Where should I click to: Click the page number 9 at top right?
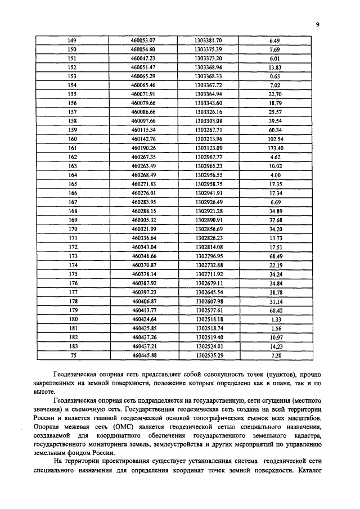tap(318, 25)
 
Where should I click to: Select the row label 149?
tap(72, 40)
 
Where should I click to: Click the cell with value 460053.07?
tap(143, 40)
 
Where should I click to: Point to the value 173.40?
tap(275, 148)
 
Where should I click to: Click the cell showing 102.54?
tap(275, 139)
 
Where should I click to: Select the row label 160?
tap(72, 139)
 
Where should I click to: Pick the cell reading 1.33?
tap(275, 319)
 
